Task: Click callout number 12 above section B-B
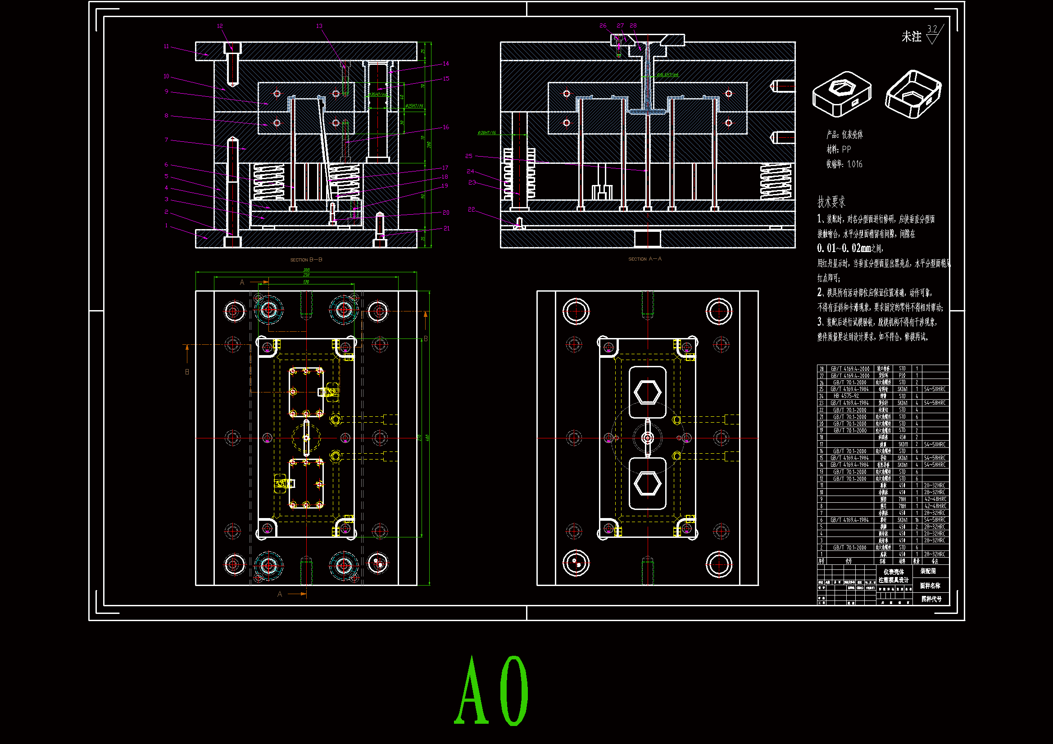220,26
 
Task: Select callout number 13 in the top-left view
319,26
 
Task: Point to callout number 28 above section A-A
633,26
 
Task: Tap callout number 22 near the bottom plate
472,209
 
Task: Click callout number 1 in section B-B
167,225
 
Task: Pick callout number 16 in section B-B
446,127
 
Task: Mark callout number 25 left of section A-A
469,156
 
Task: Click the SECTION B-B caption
306,260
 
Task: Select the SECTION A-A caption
645,259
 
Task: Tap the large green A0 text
492,691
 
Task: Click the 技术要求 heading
831,202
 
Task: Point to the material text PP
846,149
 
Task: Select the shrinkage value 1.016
854,164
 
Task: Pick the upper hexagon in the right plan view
648,392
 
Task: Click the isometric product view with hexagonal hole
842,94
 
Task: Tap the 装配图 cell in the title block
928,571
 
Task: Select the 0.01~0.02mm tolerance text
844,248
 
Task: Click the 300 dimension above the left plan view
306,270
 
